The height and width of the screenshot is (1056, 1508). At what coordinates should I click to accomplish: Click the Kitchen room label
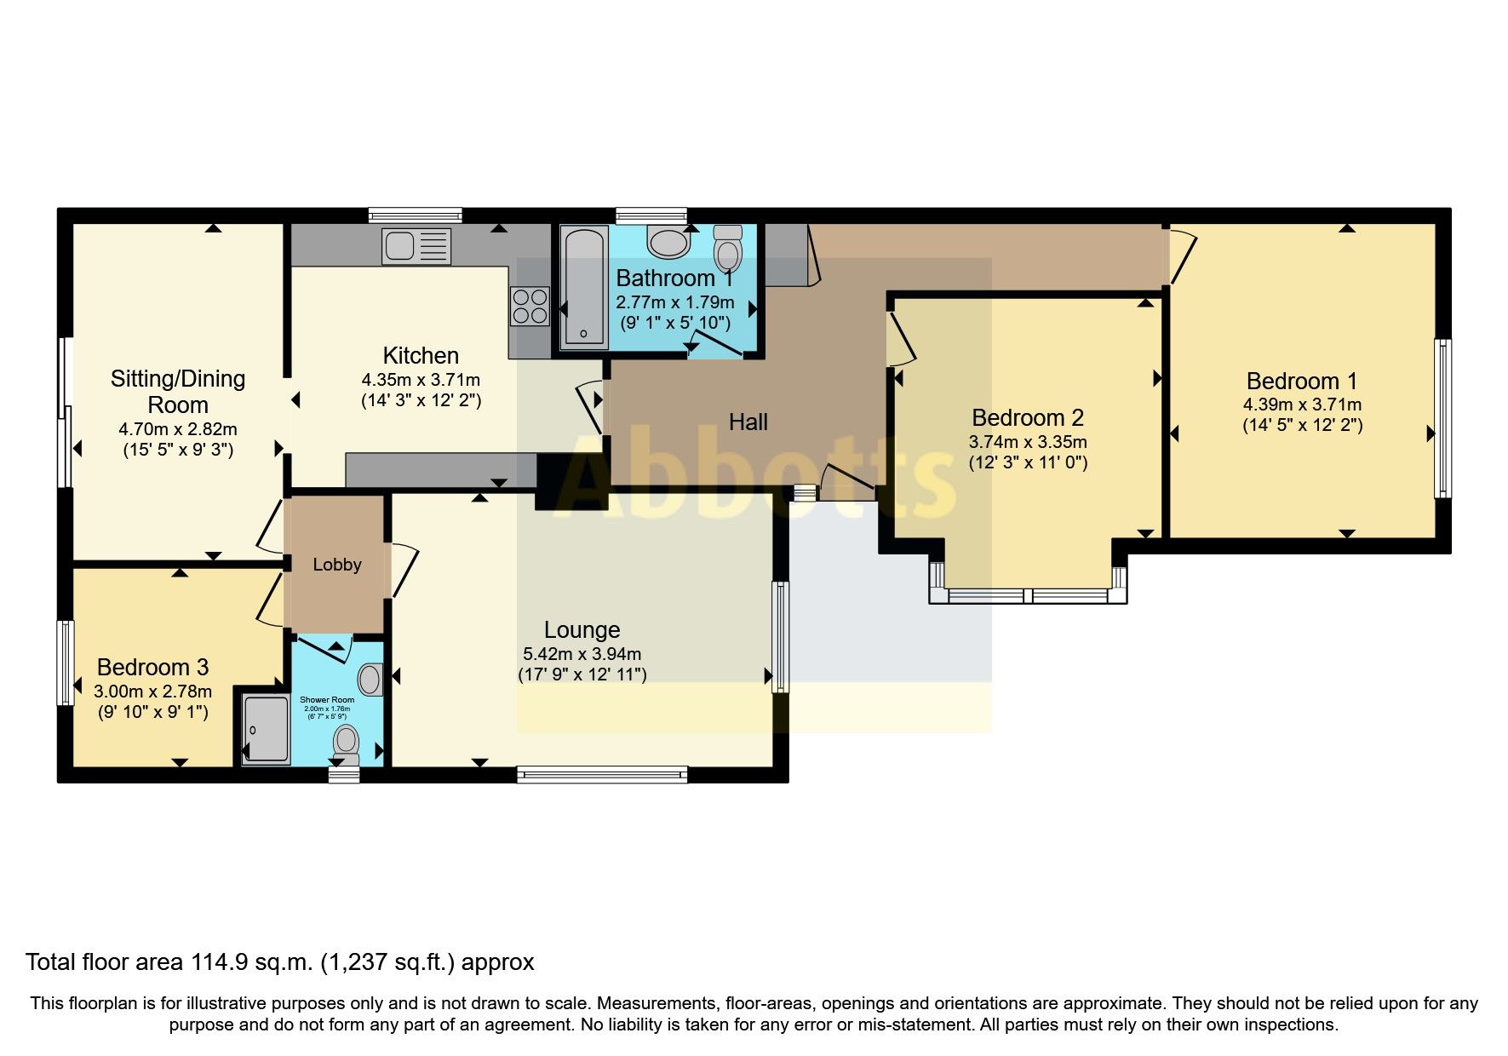tap(421, 355)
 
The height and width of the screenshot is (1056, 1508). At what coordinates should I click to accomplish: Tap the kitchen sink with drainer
tap(416, 246)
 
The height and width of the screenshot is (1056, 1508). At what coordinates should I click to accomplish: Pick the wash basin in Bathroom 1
tap(668, 242)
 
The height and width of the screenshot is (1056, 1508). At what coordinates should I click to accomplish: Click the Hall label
tap(748, 422)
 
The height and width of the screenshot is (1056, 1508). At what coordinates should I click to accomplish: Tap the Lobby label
tap(337, 565)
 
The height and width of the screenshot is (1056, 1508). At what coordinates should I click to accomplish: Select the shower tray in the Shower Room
tap(266, 729)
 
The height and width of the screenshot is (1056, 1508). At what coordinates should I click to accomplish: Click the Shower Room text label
tap(327, 700)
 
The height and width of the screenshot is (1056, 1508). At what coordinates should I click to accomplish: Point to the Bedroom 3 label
tap(152, 667)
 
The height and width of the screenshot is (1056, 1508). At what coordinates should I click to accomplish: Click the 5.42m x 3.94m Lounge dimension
tap(582, 654)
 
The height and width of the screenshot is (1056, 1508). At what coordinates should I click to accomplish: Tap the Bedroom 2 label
tap(1028, 418)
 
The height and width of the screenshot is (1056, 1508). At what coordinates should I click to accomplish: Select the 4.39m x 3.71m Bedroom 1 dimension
tap(1302, 405)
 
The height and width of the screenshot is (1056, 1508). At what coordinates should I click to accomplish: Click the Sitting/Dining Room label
tap(178, 391)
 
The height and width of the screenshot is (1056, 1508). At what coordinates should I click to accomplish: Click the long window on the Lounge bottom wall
tap(601, 774)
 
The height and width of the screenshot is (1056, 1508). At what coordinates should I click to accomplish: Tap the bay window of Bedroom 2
tap(1029, 595)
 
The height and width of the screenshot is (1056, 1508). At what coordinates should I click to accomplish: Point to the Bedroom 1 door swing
tap(1182, 255)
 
